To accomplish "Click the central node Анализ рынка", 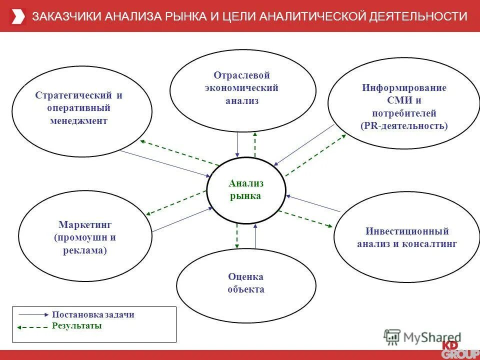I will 245,190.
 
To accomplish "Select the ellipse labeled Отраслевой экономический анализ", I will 242,88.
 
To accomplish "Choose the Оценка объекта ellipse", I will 245,283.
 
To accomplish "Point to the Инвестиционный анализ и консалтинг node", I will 406,237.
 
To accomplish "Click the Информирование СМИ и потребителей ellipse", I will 403,106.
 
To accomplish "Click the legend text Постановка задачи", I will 93,315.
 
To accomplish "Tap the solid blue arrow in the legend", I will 34,315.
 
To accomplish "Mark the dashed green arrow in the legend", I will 33,326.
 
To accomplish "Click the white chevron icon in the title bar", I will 17,16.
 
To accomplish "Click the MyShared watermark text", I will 432,337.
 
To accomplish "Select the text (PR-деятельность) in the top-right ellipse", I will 404,126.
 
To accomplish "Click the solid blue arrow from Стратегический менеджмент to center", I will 165,163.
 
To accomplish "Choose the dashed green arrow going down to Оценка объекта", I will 237,236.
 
